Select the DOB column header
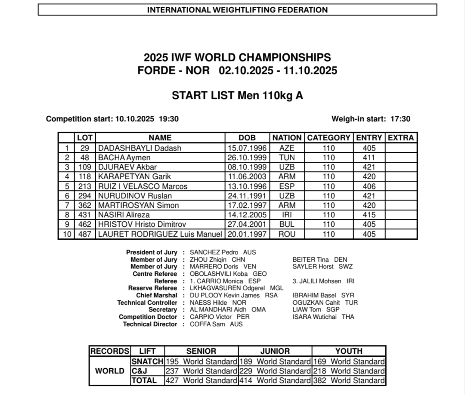[x=247, y=138]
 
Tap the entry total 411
[x=369, y=157]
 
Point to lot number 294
[x=85, y=196]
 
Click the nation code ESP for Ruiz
[x=287, y=186]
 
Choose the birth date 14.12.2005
[x=247, y=215]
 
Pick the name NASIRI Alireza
[x=124, y=215]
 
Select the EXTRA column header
[x=401, y=138]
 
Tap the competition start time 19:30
[x=169, y=119]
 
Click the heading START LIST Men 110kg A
[x=237, y=96]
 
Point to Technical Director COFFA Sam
[x=207, y=324]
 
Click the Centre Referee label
[x=155, y=274]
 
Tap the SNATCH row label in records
[x=147, y=361]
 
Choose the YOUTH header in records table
[x=349, y=351]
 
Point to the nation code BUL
[x=287, y=224]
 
